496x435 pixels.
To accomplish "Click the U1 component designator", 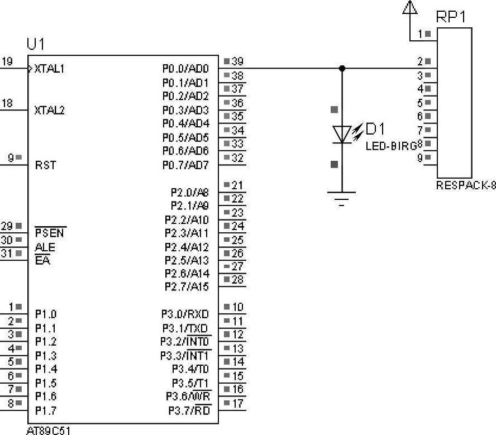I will pos(36,44).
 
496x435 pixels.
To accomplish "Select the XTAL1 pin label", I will pos(50,69).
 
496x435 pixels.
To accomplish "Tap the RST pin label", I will pos(45,165).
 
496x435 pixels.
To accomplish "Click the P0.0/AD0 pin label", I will pos(185,69).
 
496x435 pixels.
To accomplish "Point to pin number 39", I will pos(237,61).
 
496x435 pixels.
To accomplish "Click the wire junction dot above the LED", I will pos(342,69).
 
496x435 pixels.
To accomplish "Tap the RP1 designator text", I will pos(450,17).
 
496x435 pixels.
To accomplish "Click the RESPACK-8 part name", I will pos(466,186).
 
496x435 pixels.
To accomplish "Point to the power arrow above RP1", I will pos(410,7).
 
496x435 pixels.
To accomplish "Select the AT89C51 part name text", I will pos(49,431).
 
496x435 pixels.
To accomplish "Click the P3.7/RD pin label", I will pos(189,411).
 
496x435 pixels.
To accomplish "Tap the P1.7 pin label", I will pos(45,411).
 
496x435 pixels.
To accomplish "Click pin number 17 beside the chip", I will pos(238,403).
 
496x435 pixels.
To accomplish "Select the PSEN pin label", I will pos(50,233).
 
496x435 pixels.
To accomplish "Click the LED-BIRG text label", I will pos(391,146).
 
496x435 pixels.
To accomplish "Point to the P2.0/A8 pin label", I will pos(190,192).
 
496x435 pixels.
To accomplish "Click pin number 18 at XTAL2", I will pos(7,103).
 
